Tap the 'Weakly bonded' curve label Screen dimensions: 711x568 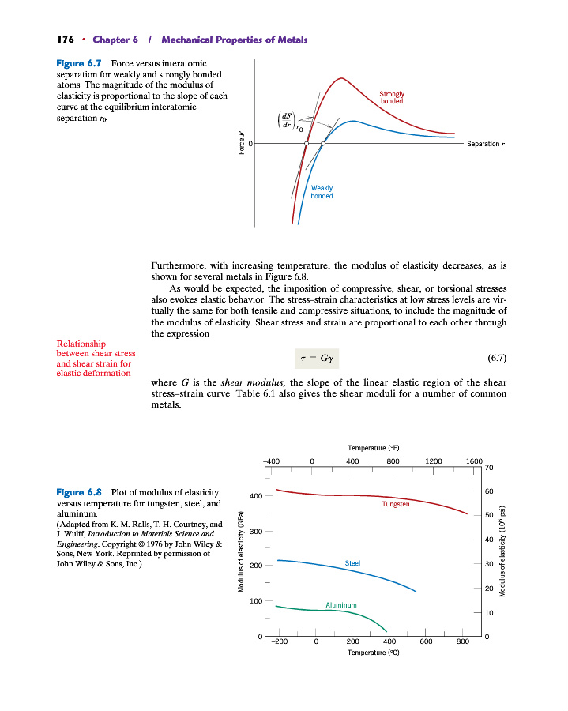pos(322,192)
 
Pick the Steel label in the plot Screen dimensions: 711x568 pos(353,563)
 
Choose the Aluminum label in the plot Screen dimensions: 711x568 pos(341,605)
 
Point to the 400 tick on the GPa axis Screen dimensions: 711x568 pos(254,496)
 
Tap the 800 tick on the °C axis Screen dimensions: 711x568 pos(463,642)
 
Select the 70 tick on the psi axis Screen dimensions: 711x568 pos(489,468)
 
